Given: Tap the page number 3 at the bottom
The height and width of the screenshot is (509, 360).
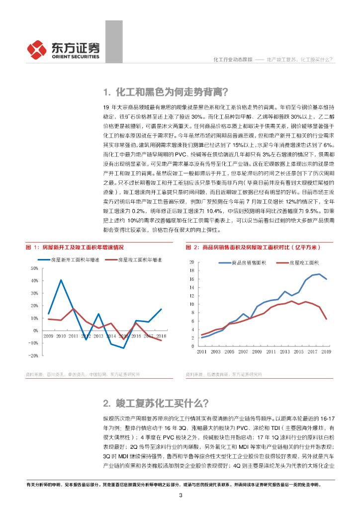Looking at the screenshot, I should point(180,495).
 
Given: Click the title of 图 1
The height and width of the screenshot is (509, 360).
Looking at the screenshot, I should point(75,247).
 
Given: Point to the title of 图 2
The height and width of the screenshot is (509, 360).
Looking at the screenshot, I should point(254,247).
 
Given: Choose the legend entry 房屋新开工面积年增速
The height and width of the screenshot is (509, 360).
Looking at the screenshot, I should point(75,259).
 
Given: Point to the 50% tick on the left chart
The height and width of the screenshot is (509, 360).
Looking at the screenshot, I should point(34,268).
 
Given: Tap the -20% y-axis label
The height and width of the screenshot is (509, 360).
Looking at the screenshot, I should point(33,355).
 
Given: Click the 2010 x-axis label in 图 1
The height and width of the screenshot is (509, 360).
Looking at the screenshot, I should point(61,337).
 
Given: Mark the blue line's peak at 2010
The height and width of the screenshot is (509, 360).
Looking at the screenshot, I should point(61,280).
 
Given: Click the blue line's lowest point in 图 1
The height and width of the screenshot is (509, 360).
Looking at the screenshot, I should point(123,348).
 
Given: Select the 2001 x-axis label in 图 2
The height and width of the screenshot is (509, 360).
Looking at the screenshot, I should point(202,351).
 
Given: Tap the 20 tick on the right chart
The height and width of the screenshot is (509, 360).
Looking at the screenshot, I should point(191,262).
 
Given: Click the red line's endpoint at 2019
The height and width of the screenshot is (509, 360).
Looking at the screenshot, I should point(326,319).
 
